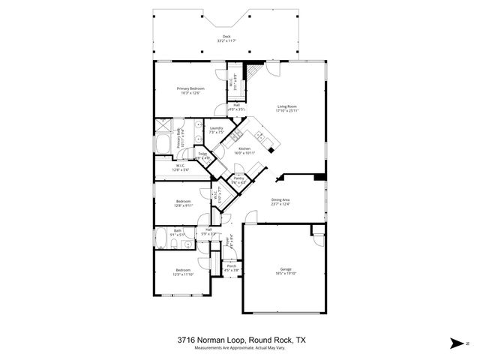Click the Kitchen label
[x=244, y=148]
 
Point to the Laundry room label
[x=217, y=128]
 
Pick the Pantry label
[x=238, y=179]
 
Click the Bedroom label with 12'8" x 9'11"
[x=184, y=201]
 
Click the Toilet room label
[x=203, y=154]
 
